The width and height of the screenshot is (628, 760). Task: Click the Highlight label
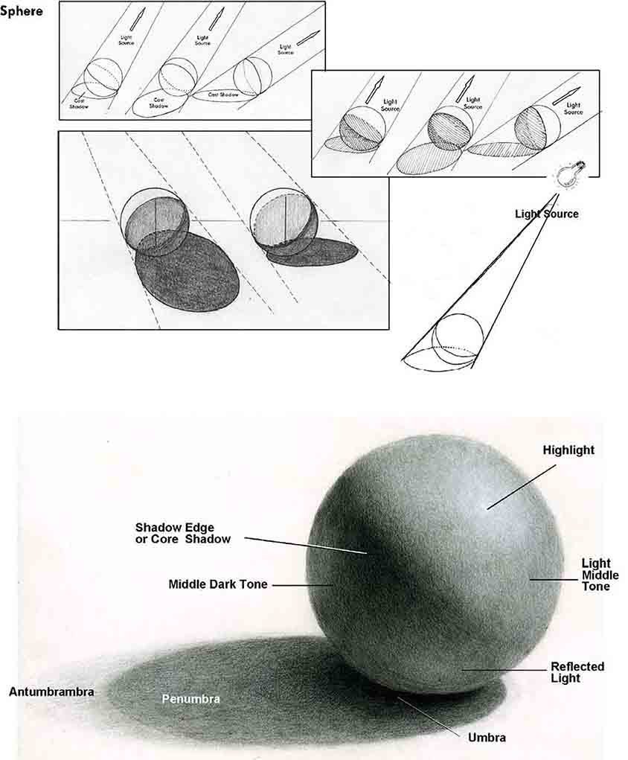click(x=568, y=450)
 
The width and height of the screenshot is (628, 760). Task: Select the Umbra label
click(x=487, y=738)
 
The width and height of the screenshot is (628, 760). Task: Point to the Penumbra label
click(x=191, y=699)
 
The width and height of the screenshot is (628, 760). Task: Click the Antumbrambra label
click(x=51, y=692)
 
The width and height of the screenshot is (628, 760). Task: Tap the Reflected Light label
click(x=577, y=672)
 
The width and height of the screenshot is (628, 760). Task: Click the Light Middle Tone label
click(x=600, y=575)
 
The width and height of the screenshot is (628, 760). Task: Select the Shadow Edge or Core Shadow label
click(x=183, y=533)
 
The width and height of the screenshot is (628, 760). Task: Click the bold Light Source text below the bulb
click(x=546, y=214)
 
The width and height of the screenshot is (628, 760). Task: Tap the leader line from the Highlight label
click(x=521, y=488)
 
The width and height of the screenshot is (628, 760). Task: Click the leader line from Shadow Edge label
click(x=305, y=545)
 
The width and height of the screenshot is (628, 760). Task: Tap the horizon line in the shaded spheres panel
click(x=89, y=222)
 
